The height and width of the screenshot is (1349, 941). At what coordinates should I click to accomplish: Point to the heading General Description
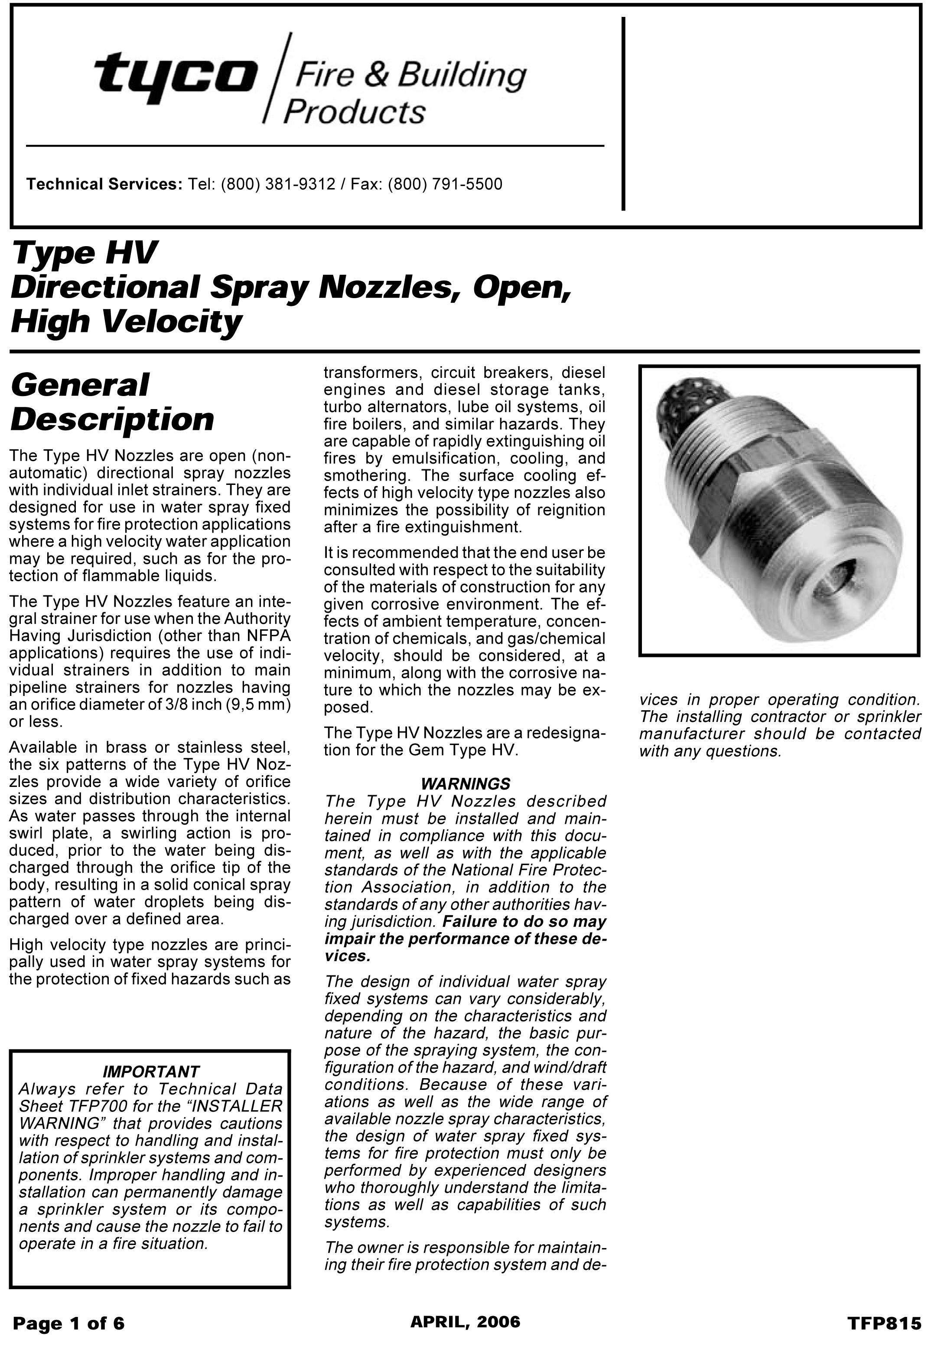pos(112,403)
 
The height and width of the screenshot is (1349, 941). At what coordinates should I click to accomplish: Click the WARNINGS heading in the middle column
pos(466,784)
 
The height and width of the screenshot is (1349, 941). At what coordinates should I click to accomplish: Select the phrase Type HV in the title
pos(85,253)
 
